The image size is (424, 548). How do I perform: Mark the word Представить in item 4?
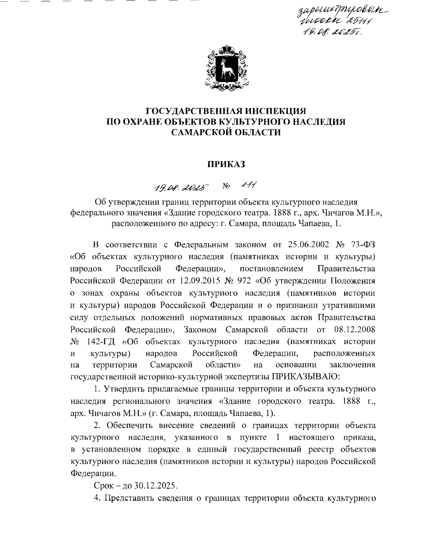tap(129, 499)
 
